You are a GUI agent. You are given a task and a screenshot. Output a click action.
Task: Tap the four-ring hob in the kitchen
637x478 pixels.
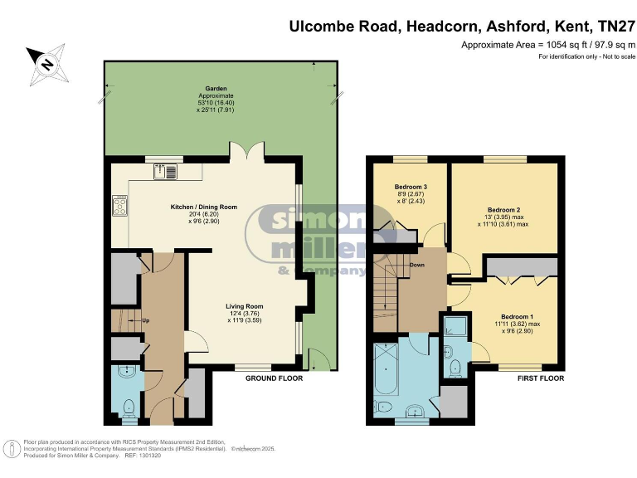(119, 205)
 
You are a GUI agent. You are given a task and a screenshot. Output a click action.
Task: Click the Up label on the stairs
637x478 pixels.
(146, 320)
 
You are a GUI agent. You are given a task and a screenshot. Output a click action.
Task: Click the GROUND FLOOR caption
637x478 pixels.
(274, 378)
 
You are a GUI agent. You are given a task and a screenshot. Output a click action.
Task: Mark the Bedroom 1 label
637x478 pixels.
(518, 316)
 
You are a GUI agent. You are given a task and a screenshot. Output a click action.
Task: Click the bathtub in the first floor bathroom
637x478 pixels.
(386, 370)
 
